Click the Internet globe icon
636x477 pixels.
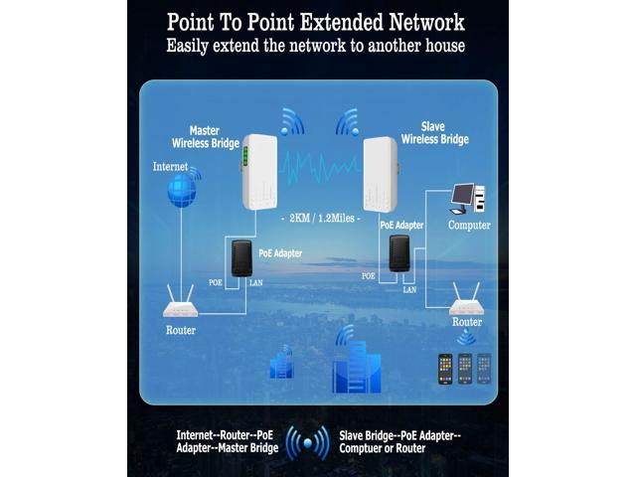[181, 193]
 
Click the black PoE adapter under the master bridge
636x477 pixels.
[240, 257]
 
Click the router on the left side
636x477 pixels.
[180, 303]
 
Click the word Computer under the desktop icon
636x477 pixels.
[469, 226]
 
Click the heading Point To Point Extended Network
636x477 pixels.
[315, 21]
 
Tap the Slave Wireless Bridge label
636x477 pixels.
[435, 133]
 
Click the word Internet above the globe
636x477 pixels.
[170, 166]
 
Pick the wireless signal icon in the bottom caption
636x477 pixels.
[307, 442]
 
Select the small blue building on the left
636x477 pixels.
[281, 365]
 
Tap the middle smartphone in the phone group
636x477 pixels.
[464, 368]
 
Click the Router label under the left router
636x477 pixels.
[180, 330]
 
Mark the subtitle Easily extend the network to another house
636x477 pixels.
[317, 46]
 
